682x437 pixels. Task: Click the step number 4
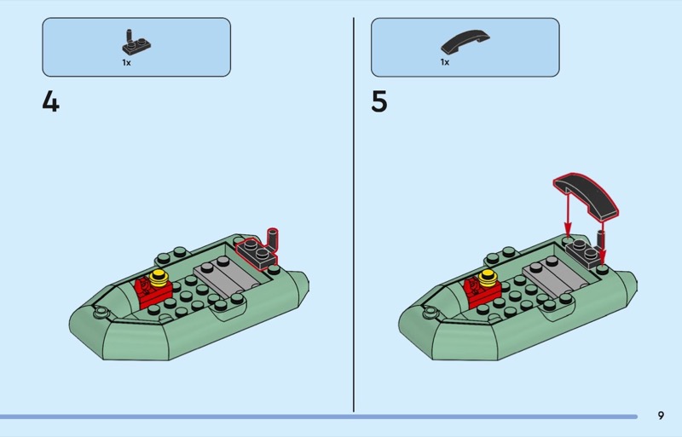[50, 102]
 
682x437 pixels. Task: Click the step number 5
[379, 102]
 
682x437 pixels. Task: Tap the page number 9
[661, 415]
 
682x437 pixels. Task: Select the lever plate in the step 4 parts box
[136, 43]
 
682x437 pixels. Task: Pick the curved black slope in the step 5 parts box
[465, 41]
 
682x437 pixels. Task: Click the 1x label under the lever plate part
[126, 63]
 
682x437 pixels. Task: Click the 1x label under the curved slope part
[444, 62]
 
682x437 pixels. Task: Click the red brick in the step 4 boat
[153, 292]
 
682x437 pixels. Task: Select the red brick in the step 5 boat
[481, 292]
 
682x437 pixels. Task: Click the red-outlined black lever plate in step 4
[257, 252]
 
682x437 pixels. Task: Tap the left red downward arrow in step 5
[568, 213]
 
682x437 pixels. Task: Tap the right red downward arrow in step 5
[603, 240]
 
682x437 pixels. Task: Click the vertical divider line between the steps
[354, 215]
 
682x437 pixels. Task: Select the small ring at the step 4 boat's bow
[101, 311]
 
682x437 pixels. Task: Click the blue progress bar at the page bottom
[319, 417]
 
